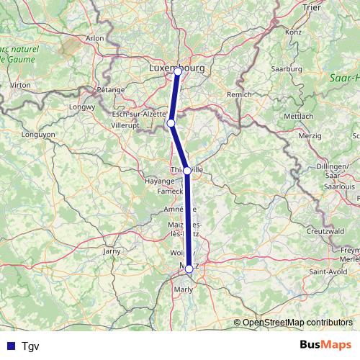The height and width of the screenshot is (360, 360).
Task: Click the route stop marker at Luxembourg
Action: click(178, 71)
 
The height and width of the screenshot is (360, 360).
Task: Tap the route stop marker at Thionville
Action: click(187, 171)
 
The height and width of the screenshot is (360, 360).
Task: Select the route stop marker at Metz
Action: click(189, 269)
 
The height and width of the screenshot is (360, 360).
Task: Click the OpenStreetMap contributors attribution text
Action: click(297, 323)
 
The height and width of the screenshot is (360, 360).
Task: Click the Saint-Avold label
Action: click(324, 271)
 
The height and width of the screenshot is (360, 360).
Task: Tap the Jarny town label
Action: click(112, 251)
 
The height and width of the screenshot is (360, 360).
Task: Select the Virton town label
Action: click(20, 84)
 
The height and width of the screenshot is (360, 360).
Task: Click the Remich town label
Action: click(239, 94)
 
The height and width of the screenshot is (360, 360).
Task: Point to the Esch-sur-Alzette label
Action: click(140, 114)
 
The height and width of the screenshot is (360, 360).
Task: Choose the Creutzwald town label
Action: click(322, 232)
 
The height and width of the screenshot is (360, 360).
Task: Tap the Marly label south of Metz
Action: click(184, 290)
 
